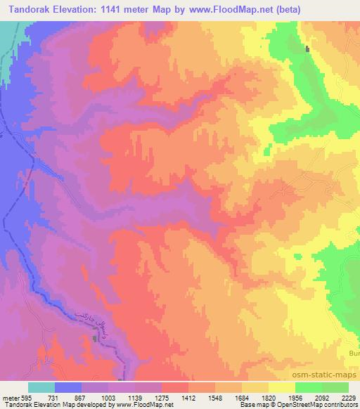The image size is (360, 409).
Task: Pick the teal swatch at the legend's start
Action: pyautogui.click(x=41, y=387)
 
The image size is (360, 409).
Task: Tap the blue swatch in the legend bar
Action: pyautogui.click(x=69, y=387)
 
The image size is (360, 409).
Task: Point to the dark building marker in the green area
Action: pyautogui.click(x=307, y=48)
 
